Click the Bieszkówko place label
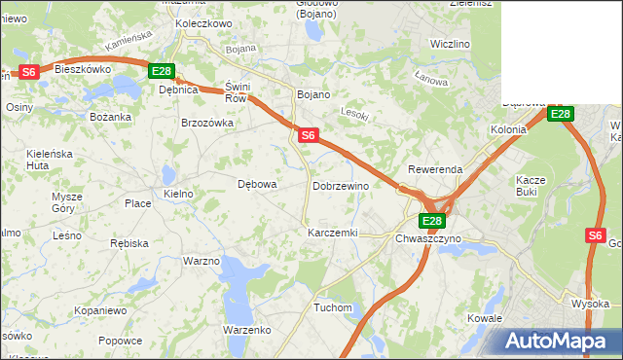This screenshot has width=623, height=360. [83, 69]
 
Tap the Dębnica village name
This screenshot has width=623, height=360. [178, 90]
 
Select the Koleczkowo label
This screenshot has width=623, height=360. [202, 22]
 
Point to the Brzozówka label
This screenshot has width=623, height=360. [207, 123]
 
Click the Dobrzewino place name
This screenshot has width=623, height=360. [341, 186]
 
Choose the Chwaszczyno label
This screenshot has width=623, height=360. [428, 238]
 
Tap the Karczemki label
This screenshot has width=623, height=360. [333, 234]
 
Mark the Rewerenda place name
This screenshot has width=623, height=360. [435, 169]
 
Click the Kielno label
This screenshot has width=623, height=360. [179, 195]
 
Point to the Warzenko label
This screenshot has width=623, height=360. [246, 330]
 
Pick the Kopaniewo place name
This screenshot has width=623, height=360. [100, 310]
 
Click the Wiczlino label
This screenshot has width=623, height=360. [450, 45]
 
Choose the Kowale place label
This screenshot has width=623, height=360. [484, 318]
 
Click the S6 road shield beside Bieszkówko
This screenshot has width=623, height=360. [29, 72]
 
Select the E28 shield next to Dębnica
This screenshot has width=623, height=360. [162, 71]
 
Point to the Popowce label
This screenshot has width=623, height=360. [120, 341]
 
